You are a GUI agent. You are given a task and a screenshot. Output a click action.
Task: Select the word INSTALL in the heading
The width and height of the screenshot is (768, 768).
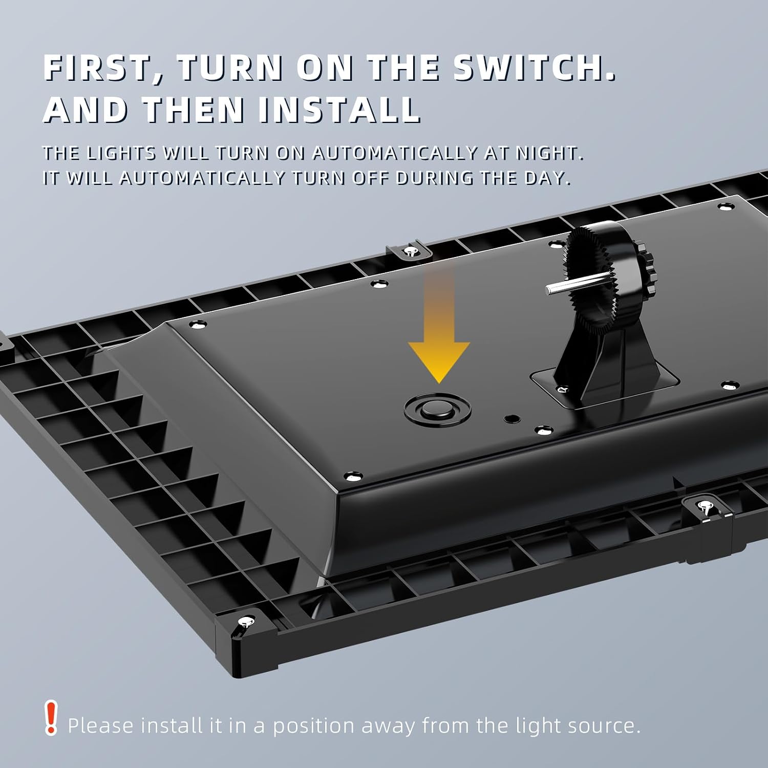pos(339,109)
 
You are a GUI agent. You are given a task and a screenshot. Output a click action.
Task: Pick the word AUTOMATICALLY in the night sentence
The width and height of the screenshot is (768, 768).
pos(389,153)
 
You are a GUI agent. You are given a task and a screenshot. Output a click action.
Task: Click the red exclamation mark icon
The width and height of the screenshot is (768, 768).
pos(51,718)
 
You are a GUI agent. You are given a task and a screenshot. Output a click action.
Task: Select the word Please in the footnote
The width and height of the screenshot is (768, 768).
pos(101,726)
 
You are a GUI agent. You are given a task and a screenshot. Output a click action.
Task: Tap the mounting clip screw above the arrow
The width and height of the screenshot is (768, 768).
pos(410,251)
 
